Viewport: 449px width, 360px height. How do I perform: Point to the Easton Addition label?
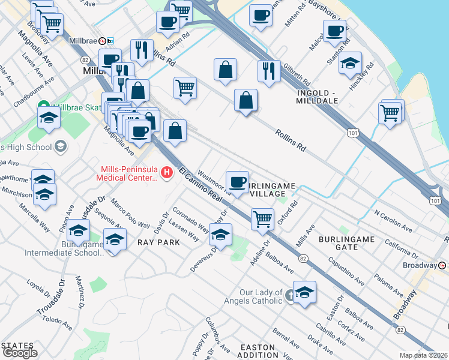pos(259,352)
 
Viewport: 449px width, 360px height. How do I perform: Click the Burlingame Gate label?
pos(346,244)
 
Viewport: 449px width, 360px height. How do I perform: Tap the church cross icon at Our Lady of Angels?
pos(289,295)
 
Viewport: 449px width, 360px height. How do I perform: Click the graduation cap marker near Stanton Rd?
pos(350,62)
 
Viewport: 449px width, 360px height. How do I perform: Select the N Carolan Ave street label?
pos(393,221)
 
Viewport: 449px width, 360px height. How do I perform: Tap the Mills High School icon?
pos(60,146)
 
